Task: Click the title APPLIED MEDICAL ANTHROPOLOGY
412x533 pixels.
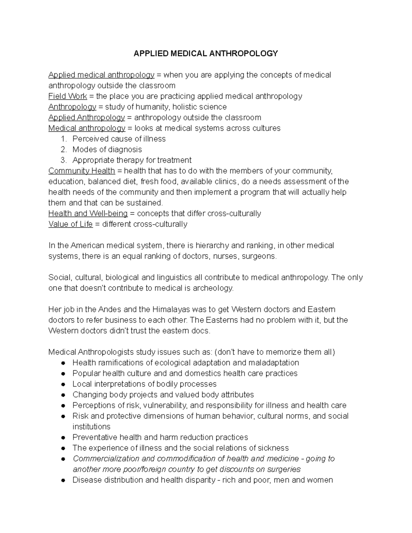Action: (206, 54)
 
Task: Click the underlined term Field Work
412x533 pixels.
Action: (68, 96)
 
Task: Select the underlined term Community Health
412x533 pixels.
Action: (81, 171)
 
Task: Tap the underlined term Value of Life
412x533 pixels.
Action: (70, 224)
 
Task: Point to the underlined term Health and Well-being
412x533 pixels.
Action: (88, 213)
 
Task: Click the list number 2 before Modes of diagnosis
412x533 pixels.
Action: (63, 150)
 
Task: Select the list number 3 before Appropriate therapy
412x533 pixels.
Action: (63, 160)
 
